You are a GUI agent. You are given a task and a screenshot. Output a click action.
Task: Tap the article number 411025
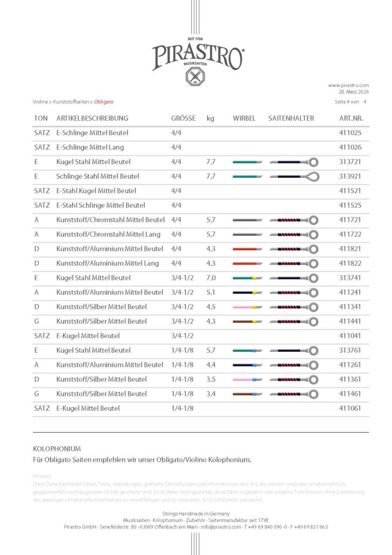[350, 132]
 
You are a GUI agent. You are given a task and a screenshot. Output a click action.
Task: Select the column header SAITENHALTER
[291, 118]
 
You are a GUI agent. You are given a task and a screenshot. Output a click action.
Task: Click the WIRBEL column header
[244, 118]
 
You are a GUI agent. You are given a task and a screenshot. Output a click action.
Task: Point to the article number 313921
[350, 176]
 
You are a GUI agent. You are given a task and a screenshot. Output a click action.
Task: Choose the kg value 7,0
[211, 277]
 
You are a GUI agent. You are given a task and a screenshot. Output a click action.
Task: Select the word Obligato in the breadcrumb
[103, 101]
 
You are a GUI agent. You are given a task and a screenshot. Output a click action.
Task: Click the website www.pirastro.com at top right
[348, 85]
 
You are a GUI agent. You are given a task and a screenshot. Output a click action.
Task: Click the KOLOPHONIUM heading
[57, 449]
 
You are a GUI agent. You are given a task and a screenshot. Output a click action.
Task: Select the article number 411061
[350, 408]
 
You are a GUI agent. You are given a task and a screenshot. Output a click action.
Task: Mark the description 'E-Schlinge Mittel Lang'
[90, 147]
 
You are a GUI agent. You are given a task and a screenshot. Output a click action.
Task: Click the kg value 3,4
[211, 393]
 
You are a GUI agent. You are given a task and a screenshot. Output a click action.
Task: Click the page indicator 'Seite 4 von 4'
[351, 101]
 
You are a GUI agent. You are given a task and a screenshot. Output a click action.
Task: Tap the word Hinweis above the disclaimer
[42, 476]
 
